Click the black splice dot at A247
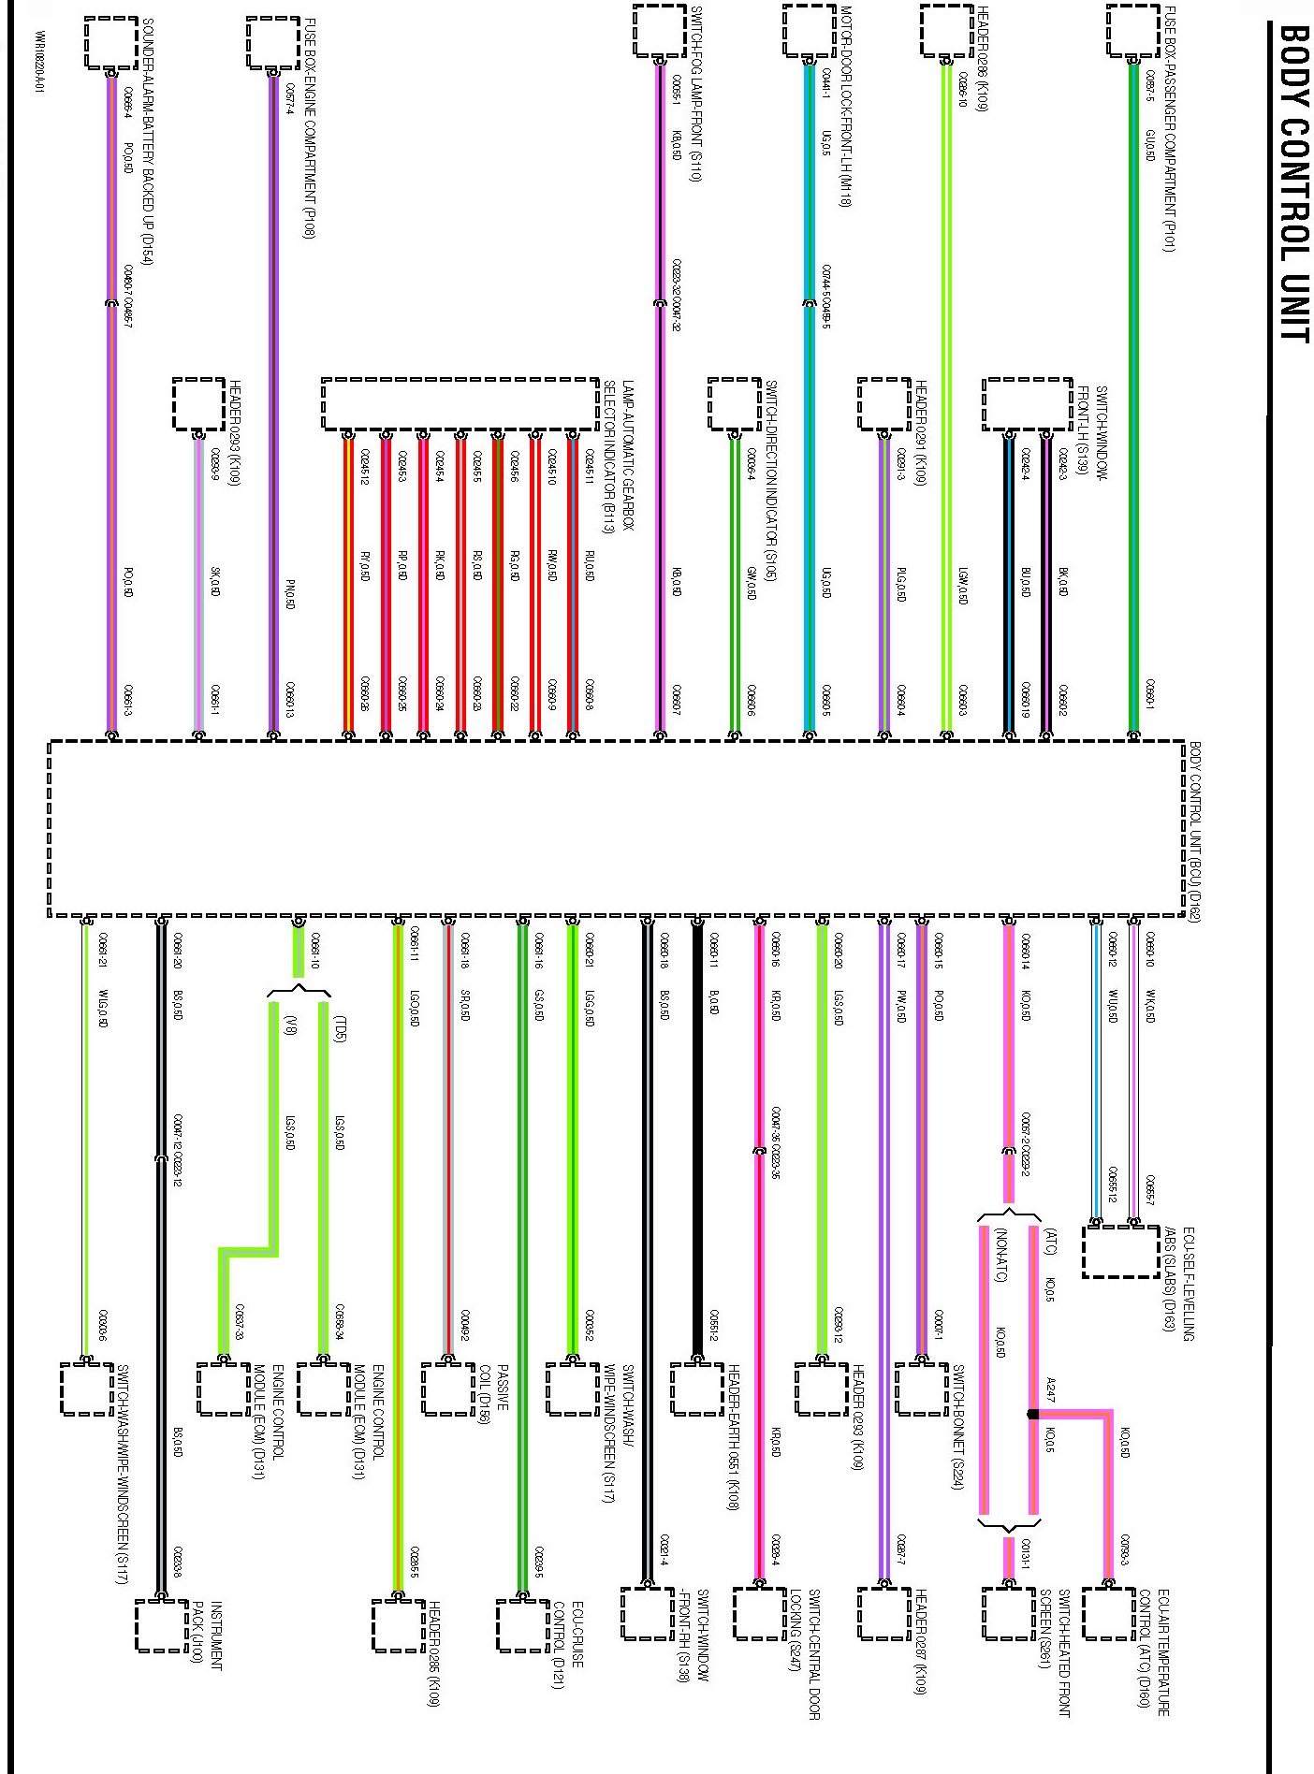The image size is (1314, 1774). tap(1032, 1414)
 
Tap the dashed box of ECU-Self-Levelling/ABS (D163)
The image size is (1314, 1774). tap(1120, 1251)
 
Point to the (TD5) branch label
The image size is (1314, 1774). tap(340, 1028)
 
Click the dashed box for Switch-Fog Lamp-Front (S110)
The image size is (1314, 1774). tap(659, 31)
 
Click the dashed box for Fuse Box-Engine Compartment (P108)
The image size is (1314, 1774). tap(273, 43)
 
